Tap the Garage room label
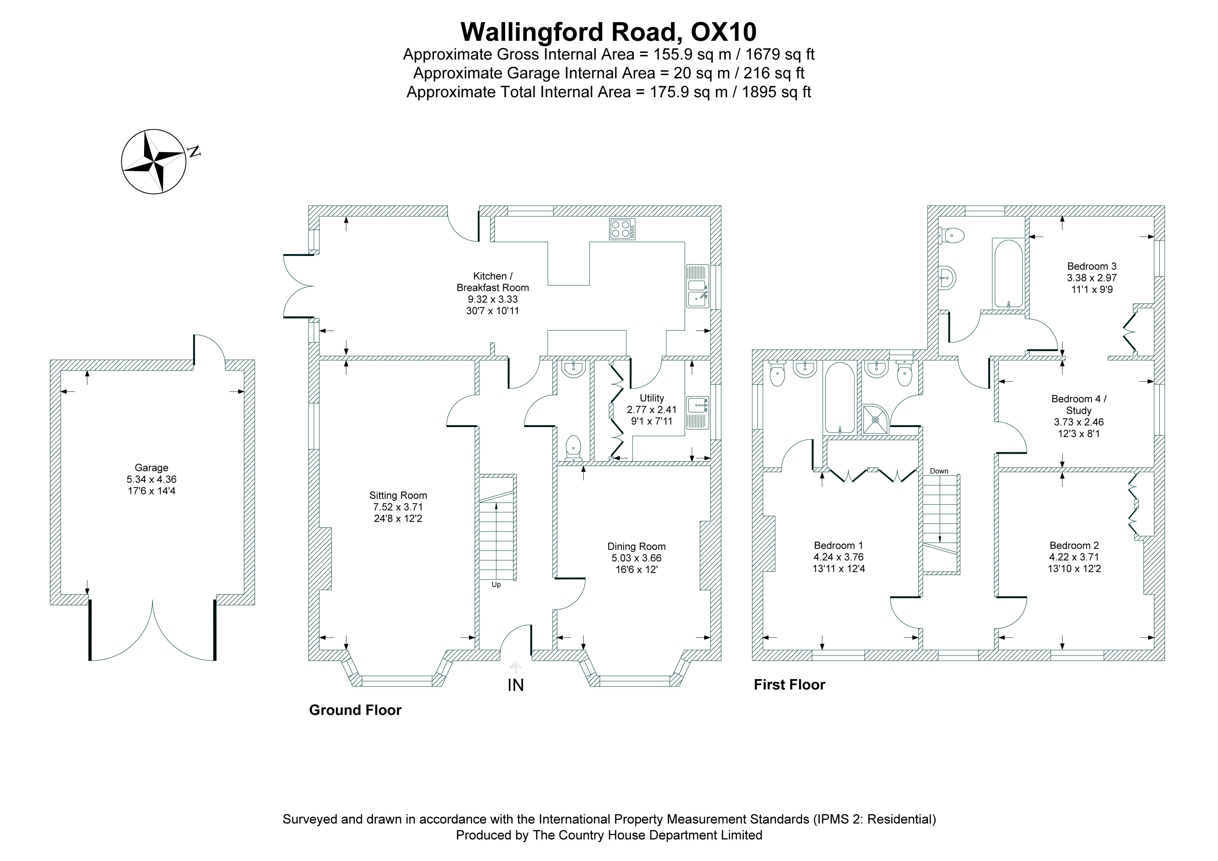[x=151, y=467]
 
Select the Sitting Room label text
[x=398, y=495]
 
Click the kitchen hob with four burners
[x=622, y=229]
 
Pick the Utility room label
[x=652, y=397]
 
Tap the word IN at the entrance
[x=516, y=685]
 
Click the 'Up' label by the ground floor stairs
[x=496, y=585]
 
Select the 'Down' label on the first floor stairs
[x=939, y=471]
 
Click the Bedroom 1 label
[x=838, y=545]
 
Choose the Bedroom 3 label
[x=1092, y=266]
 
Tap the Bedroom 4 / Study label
[x=1079, y=404]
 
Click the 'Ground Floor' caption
[x=355, y=710]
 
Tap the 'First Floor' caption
[x=790, y=684]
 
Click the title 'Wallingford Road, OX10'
[x=608, y=32]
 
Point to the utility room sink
[x=698, y=412]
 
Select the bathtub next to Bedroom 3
[x=1008, y=273]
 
